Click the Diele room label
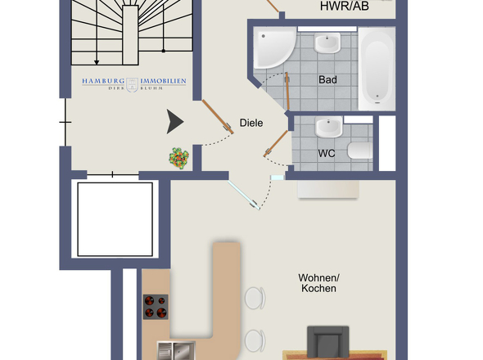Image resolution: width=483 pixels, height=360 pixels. coord(251,123)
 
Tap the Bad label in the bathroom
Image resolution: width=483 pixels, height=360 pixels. coord(327,79)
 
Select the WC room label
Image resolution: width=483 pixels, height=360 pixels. coord(327,153)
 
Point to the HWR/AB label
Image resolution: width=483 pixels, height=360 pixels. coord(345,7)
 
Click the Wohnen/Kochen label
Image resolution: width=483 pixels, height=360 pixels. coord(318,283)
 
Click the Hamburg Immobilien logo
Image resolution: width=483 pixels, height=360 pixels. coord(134,84)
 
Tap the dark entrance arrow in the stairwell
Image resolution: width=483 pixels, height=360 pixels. coord(175,122)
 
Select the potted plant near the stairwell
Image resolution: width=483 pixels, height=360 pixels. coord(178,158)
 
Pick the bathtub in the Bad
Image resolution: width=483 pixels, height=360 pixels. coord(377,69)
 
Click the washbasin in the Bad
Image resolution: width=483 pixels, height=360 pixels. coord(327,43)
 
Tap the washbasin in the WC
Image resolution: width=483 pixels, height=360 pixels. coord(329,127)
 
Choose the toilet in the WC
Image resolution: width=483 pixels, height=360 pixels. coord(360,151)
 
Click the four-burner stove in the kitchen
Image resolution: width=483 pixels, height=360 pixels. coord(156,307)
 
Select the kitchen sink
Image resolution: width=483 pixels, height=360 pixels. coord(177,351)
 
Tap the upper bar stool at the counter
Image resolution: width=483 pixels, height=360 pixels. coord(255,298)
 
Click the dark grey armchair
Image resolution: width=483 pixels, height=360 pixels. coord(328,343)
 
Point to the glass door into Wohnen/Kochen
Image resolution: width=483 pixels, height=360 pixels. coord(243,195)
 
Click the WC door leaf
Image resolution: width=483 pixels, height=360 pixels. coord(275,143)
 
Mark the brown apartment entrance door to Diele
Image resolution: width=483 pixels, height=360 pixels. coord(218,117)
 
